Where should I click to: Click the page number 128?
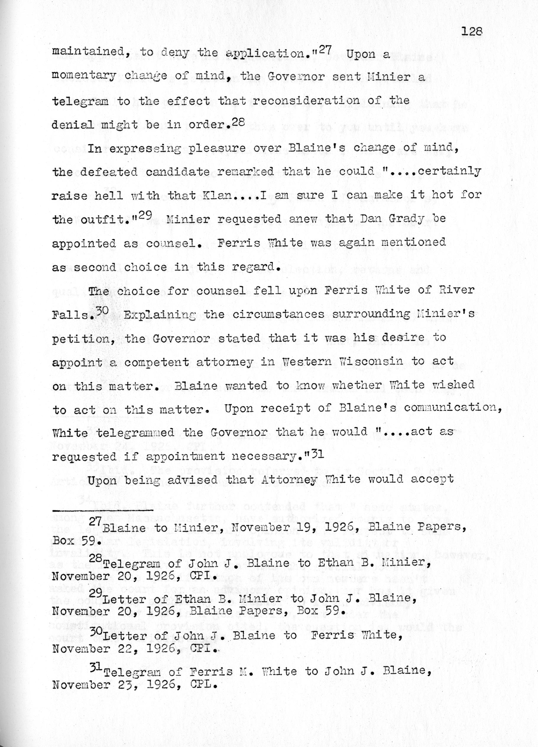[472, 31]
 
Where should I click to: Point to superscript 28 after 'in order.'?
[239, 121]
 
